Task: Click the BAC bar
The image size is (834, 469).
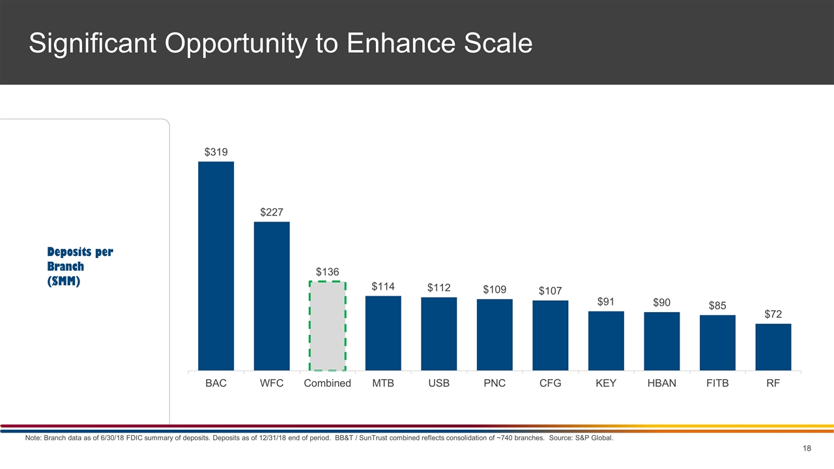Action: [216, 266]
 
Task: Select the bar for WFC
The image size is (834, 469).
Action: [272, 296]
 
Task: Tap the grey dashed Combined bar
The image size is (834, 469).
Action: [327, 326]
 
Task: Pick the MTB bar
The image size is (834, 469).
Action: [383, 333]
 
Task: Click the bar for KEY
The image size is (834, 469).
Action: [606, 341]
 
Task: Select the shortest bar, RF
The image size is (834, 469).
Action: [773, 347]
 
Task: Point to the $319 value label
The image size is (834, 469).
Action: [216, 152]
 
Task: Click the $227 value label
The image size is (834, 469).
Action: [272, 212]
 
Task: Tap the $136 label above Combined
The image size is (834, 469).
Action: [327, 271]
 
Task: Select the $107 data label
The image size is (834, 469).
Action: [550, 291]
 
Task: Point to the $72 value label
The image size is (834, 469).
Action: [773, 315]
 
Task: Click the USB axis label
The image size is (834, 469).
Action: [439, 384]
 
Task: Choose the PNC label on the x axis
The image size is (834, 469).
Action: [495, 384]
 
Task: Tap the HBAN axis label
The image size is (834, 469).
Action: [661, 384]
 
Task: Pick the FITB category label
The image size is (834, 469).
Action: [717, 384]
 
